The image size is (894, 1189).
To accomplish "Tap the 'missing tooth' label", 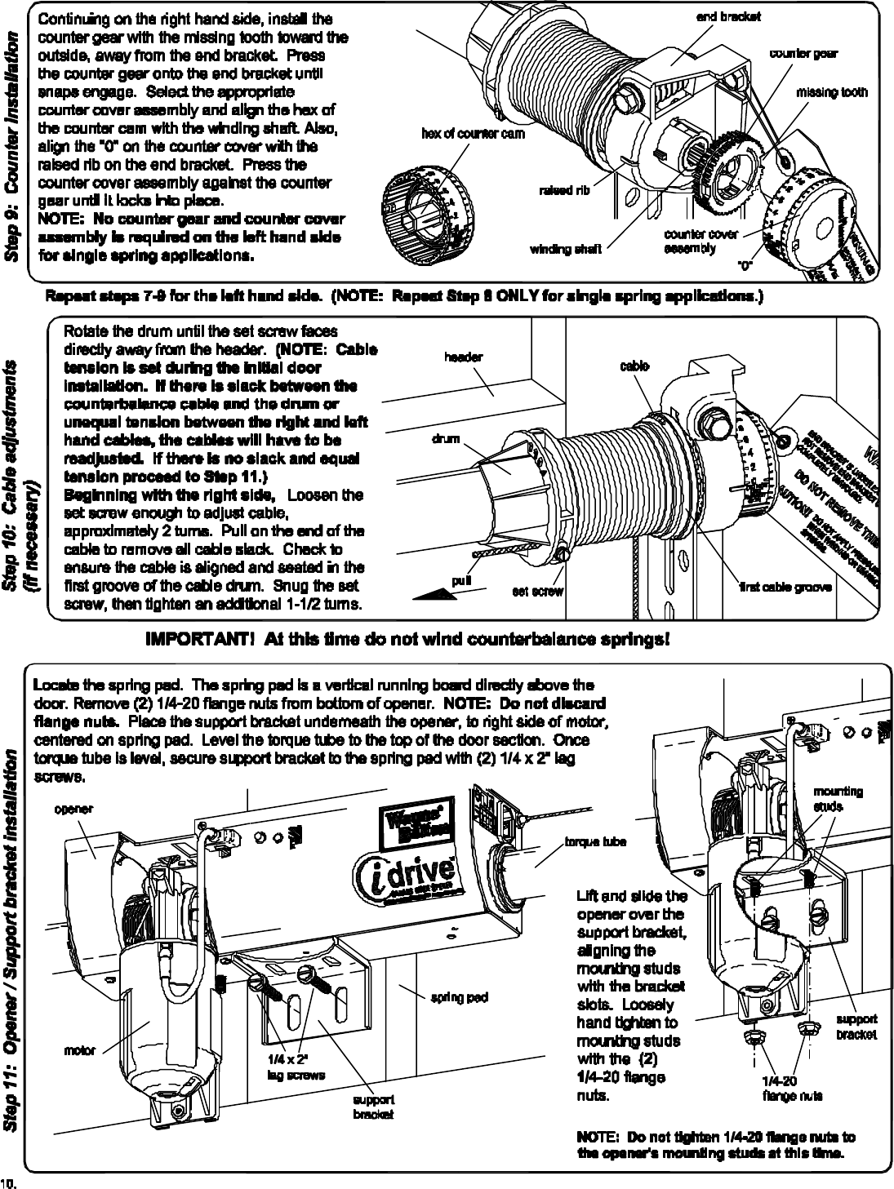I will (x=831, y=92).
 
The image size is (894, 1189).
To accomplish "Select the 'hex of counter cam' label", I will (x=474, y=133).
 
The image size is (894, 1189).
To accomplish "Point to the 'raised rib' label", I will (x=563, y=191).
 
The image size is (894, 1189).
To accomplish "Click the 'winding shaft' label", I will (x=566, y=249).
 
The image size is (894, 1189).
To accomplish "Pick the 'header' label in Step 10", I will (x=463, y=357).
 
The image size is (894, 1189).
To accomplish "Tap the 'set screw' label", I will (x=537, y=591).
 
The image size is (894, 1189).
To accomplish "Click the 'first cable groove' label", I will (x=786, y=587).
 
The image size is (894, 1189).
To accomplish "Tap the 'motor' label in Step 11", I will (x=80, y=1050).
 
